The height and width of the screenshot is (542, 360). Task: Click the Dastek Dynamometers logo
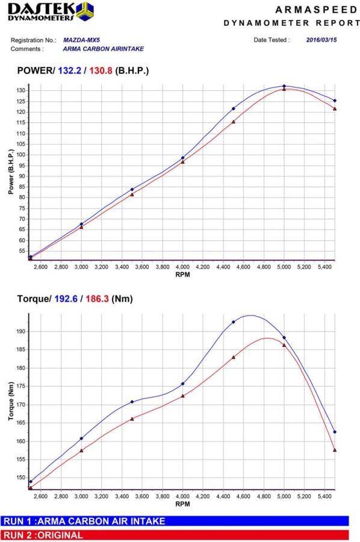point(50,11)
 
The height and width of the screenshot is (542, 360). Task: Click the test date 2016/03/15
point(321,40)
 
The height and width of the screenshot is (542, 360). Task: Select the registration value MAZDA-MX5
point(81,40)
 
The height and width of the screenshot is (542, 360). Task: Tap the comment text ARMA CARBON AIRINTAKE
point(104,49)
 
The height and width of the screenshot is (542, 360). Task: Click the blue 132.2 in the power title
point(69,71)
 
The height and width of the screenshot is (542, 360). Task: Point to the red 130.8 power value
point(101,71)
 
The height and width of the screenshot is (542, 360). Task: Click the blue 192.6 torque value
point(66,299)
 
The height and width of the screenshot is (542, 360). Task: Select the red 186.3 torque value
point(98,299)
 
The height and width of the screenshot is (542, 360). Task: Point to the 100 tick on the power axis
point(21,155)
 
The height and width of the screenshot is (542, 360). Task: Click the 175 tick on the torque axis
point(21,387)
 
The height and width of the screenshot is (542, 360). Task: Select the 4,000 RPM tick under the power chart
point(182,267)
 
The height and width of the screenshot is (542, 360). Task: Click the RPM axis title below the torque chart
point(182,504)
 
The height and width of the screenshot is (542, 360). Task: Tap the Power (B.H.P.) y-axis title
point(11,172)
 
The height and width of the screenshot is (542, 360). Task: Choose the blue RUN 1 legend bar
point(175,522)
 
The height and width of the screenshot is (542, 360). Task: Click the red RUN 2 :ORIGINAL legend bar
point(175,535)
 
